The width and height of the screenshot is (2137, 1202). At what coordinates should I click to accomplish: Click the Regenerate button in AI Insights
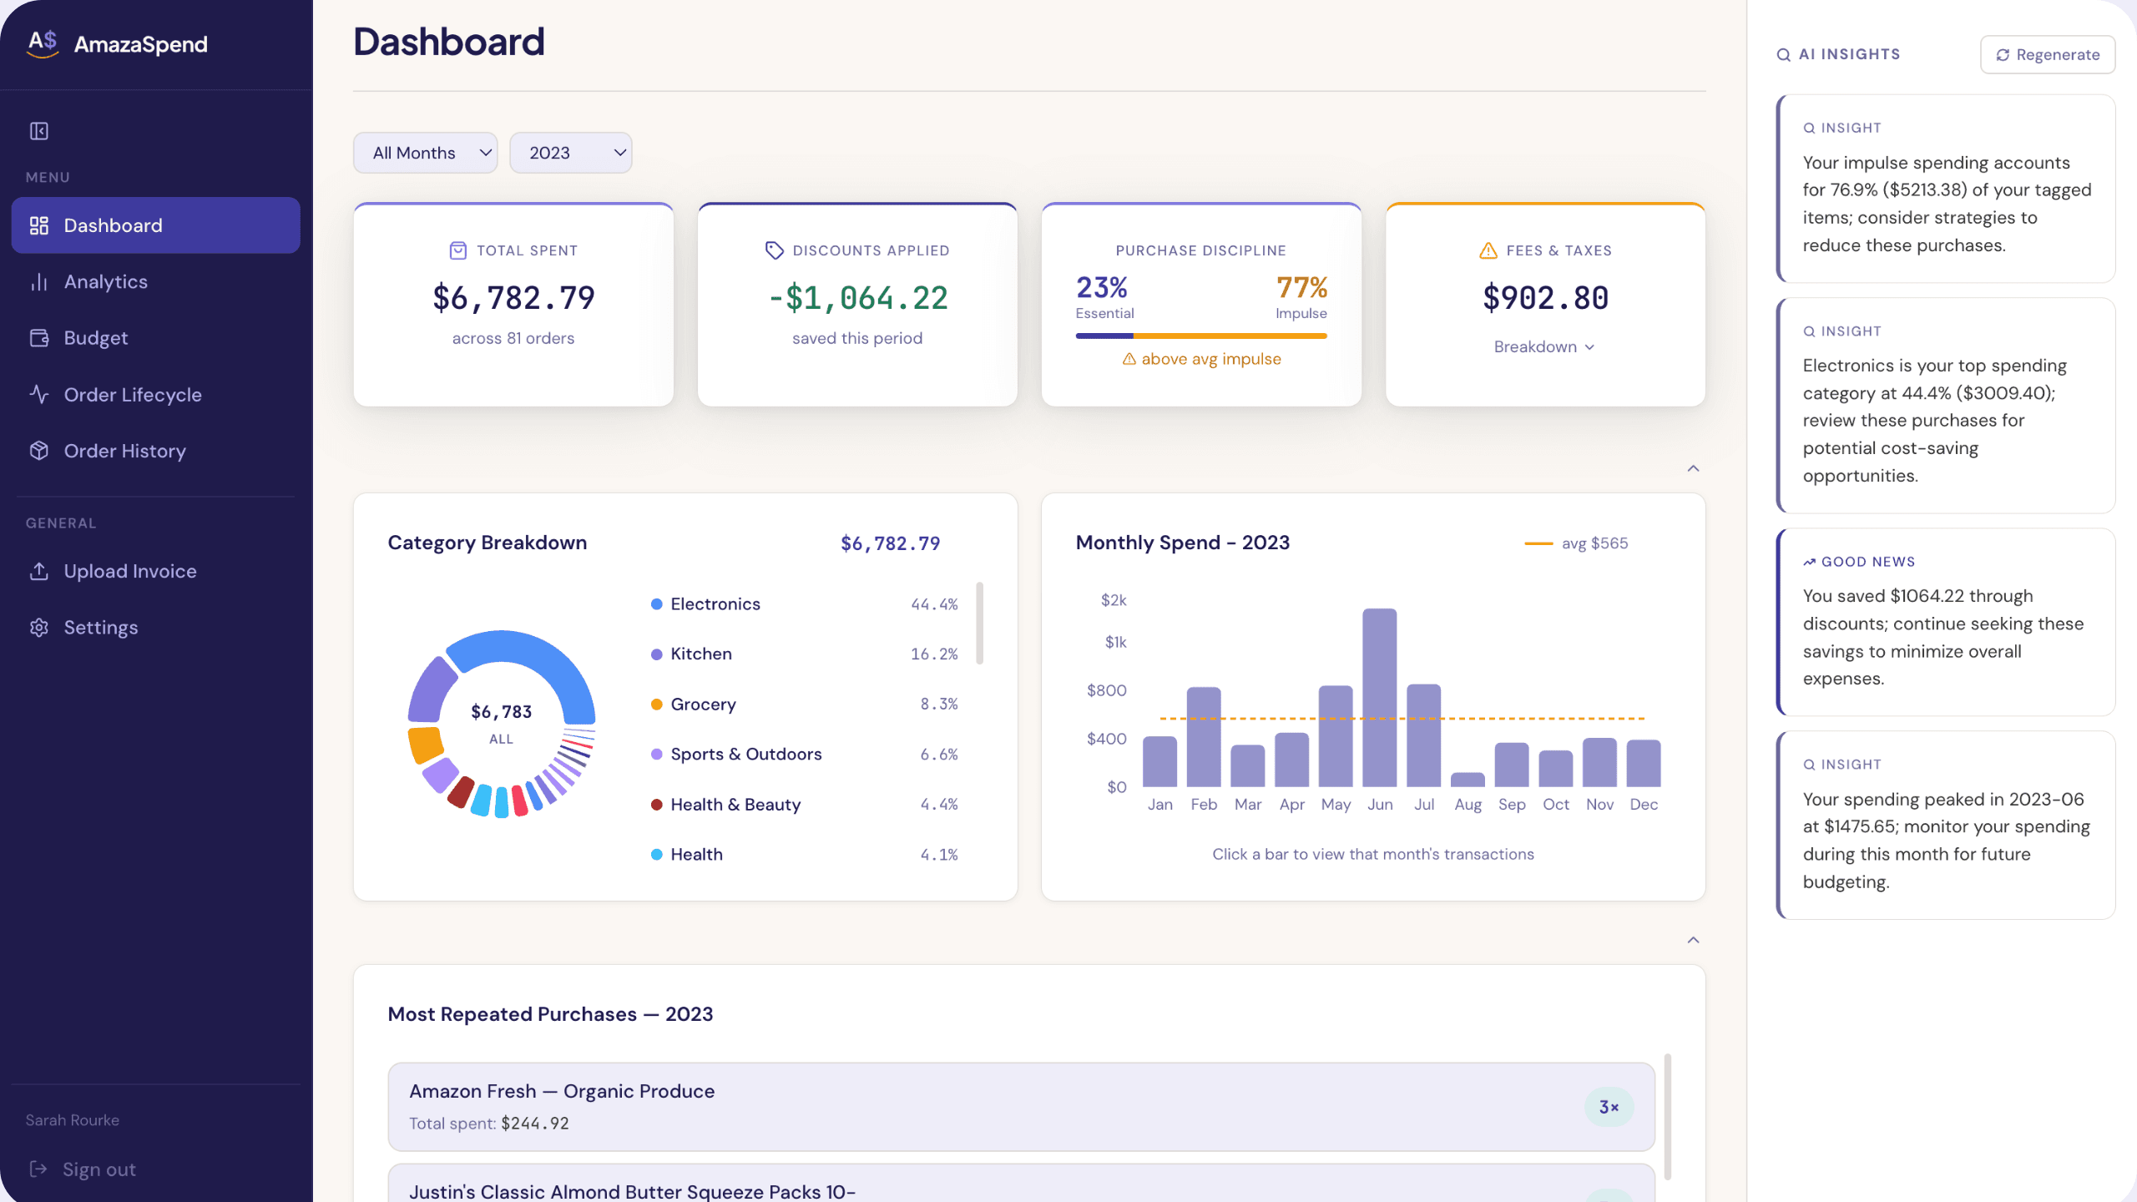point(2047,54)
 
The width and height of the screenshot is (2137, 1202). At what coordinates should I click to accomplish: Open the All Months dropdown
point(425,153)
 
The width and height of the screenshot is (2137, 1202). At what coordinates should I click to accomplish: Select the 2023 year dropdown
point(570,153)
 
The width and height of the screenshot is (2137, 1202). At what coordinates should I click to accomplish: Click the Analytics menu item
point(106,282)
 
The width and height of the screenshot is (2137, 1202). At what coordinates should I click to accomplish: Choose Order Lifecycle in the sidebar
point(133,395)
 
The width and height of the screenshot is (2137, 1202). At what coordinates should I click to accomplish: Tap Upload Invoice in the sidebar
point(130,571)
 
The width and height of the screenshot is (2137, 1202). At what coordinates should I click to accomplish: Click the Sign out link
point(99,1169)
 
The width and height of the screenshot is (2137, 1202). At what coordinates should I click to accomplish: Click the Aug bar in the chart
point(1468,780)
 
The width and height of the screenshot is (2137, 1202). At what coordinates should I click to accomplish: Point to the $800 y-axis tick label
point(1106,690)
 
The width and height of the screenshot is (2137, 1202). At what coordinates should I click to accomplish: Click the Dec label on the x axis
point(1644,805)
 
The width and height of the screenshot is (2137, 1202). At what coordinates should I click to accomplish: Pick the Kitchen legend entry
point(701,654)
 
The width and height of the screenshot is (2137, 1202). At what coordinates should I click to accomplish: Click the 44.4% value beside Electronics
point(934,604)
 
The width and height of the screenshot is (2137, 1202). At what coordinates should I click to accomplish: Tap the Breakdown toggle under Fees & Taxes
point(1544,346)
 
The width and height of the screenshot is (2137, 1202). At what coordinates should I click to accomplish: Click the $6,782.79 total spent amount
point(513,298)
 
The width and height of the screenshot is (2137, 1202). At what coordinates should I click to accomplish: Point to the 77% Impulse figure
point(1301,288)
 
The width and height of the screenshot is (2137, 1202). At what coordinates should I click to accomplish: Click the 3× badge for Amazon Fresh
point(1609,1107)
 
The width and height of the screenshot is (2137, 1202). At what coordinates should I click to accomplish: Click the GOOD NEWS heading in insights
point(1867,562)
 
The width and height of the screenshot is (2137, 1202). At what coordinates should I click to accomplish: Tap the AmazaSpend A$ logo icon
point(43,43)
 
